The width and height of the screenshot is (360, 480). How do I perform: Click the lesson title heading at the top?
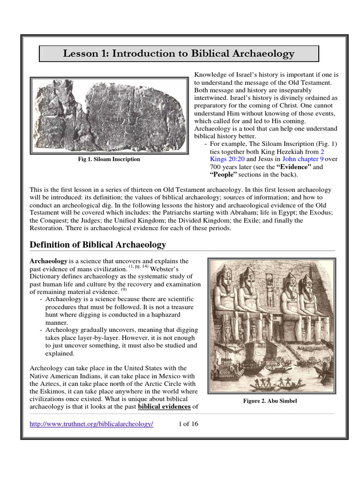click(x=179, y=54)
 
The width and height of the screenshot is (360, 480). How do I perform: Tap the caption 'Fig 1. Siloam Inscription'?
click(x=109, y=159)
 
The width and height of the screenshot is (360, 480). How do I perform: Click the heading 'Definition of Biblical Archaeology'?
click(x=97, y=245)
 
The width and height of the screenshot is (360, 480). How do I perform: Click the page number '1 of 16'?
click(x=189, y=424)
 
